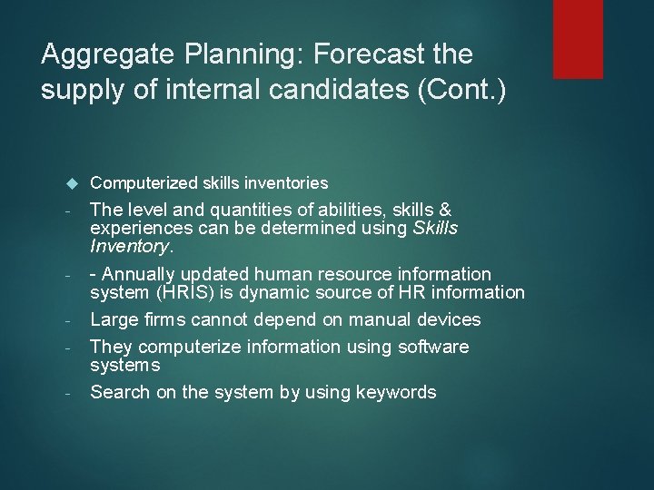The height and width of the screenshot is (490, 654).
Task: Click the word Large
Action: [114, 319]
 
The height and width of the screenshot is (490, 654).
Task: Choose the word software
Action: [424, 347]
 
